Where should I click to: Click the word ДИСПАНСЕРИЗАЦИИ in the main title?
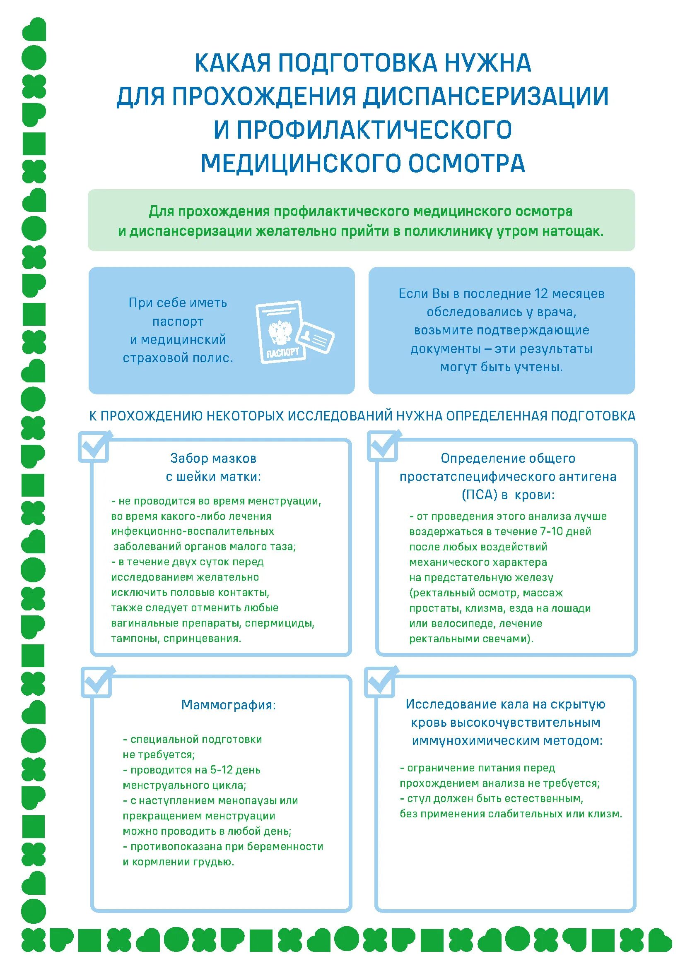point(485,96)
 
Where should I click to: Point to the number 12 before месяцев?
point(541,294)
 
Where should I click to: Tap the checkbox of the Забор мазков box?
point(94,447)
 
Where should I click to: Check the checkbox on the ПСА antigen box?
point(383,447)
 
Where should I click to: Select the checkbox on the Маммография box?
point(96,682)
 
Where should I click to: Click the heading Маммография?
point(228,705)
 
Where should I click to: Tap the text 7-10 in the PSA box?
point(551,532)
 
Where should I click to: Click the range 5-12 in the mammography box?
point(222,770)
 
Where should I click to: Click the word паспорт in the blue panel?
point(178,322)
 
